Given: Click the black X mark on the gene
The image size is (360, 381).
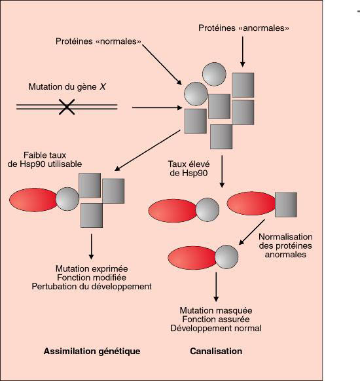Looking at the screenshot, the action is [x=67, y=107].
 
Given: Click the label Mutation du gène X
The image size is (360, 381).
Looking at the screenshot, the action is [x=67, y=87].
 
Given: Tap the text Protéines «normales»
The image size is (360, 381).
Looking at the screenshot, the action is [x=98, y=41].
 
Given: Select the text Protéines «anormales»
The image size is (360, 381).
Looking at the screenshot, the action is [x=243, y=28].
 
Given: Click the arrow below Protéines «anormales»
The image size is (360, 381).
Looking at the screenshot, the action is [x=242, y=52].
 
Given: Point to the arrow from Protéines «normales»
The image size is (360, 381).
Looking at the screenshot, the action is [x=162, y=65].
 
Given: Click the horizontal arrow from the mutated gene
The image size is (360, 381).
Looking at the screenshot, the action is [x=157, y=107].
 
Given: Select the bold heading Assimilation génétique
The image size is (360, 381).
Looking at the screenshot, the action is [x=92, y=351].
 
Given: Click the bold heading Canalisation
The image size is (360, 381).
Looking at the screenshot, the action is [x=216, y=351].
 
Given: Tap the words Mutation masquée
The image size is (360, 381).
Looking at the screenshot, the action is [x=216, y=310].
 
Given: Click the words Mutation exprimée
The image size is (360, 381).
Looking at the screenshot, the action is [x=92, y=269].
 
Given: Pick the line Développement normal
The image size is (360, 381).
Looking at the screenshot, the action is [x=216, y=328].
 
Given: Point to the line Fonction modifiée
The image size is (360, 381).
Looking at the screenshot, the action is [x=92, y=278].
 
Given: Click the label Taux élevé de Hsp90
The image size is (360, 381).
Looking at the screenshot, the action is [x=189, y=169].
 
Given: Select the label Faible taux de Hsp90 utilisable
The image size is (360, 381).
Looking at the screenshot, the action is [x=45, y=160].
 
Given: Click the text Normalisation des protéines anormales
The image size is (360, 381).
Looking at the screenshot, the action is [x=285, y=245].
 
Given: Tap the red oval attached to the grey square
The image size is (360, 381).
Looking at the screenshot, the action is [x=251, y=204].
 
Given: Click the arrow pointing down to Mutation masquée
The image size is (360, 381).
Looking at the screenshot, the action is [x=216, y=287].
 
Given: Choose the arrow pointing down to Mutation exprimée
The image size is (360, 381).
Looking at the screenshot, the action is [x=92, y=246].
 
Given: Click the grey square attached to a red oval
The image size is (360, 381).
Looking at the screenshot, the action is [x=286, y=205].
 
